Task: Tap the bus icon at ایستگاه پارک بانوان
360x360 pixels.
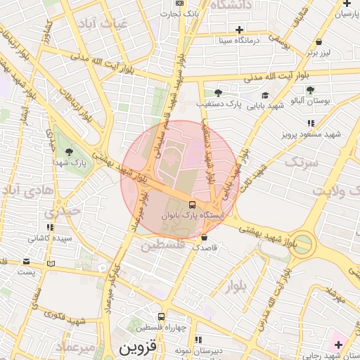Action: point(193,205)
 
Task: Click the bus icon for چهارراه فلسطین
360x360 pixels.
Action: point(162,317)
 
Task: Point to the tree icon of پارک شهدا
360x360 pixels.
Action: point(69,152)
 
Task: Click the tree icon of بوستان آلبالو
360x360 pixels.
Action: point(310,90)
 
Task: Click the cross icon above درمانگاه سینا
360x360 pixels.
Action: point(240,30)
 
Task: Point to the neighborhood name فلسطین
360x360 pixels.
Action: point(162,245)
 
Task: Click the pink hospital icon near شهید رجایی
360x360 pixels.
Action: point(339,345)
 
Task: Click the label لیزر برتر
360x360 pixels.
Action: point(319,52)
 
